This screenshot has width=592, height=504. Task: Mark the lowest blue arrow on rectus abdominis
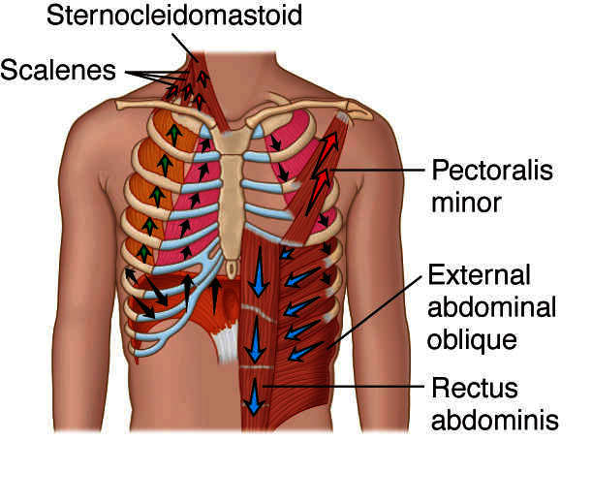(255, 395)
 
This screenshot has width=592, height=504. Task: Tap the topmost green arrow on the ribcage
(173, 134)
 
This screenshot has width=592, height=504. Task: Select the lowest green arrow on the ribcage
(142, 254)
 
